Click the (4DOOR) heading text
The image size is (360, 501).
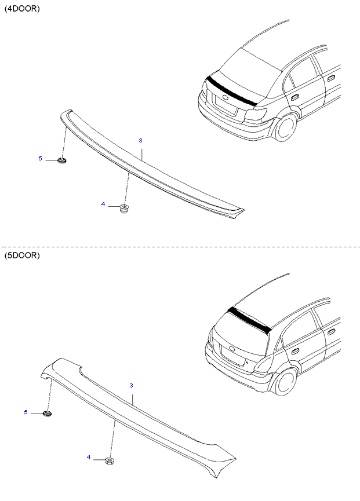22,9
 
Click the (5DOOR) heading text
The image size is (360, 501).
22,255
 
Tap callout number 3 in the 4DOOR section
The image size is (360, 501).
140,140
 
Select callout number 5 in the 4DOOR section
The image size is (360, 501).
40,159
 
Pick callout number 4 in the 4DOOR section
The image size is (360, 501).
103,204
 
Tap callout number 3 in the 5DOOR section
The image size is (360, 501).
131,386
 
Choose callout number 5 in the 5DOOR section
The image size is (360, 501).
26,412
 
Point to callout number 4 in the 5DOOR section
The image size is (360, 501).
89,458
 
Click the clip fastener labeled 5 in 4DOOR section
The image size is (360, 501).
61,160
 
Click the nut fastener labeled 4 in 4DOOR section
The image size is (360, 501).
123,209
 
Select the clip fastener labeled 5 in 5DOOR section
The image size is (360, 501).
48,414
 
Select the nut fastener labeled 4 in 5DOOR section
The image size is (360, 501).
110,461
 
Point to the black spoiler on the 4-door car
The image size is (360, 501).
232,91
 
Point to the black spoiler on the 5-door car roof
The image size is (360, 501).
249,318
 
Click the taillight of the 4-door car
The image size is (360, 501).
256,114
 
